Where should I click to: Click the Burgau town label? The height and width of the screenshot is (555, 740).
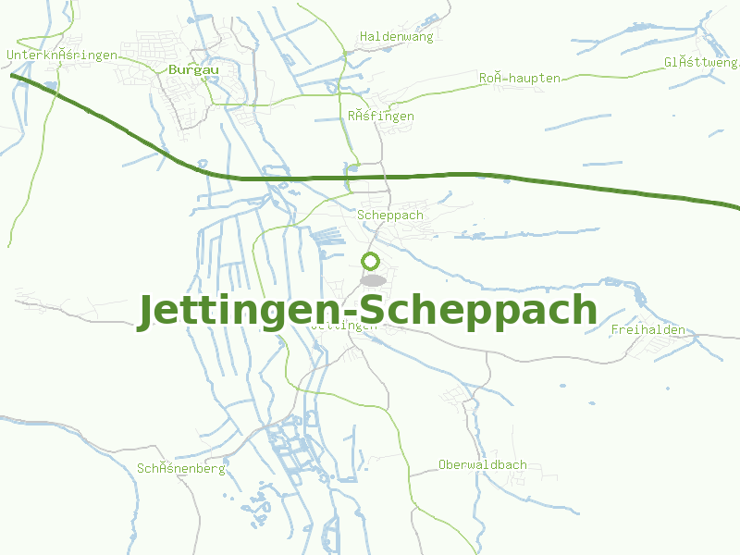tap(192, 69)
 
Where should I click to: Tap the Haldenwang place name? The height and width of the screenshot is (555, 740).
tap(396, 36)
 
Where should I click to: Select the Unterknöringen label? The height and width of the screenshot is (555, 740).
tap(61, 55)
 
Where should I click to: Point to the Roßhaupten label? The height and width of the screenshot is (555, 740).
tap(520, 79)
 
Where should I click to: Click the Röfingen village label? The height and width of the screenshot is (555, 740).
tap(381, 117)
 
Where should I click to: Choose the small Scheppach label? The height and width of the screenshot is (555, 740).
tap(390, 216)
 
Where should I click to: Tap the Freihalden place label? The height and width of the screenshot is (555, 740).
tap(647, 330)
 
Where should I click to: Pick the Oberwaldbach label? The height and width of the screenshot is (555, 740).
tap(483, 465)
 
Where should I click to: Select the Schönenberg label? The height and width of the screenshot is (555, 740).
tap(181, 469)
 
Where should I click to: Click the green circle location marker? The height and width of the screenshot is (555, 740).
tap(371, 261)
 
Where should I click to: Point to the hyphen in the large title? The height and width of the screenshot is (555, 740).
tap(348, 314)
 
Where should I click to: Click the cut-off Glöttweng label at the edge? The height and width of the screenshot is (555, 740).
tap(701, 63)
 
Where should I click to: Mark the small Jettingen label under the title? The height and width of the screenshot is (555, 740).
tap(346, 326)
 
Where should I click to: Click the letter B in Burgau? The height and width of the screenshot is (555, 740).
tap(173, 69)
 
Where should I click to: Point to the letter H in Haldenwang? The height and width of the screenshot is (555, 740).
tap(364, 36)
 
